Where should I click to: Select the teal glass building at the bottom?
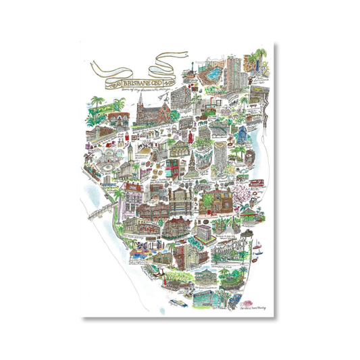(x=204, y=298)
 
